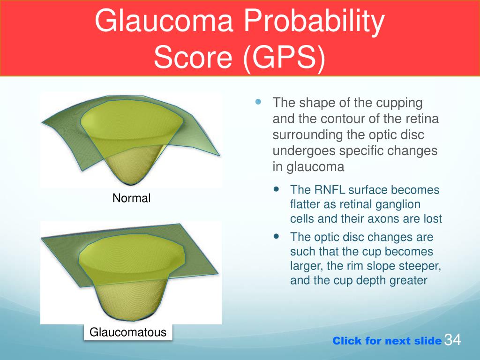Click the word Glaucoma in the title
click(164, 21)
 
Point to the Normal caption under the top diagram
click(131, 198)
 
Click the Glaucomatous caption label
click(128, 332)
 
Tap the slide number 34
click(452, 339)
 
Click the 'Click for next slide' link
click(387, 341)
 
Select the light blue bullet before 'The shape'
click(258, 102)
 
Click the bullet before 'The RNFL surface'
click(277, 189)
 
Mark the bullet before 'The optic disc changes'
click(277, 236)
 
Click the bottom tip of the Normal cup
click(132, 184)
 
